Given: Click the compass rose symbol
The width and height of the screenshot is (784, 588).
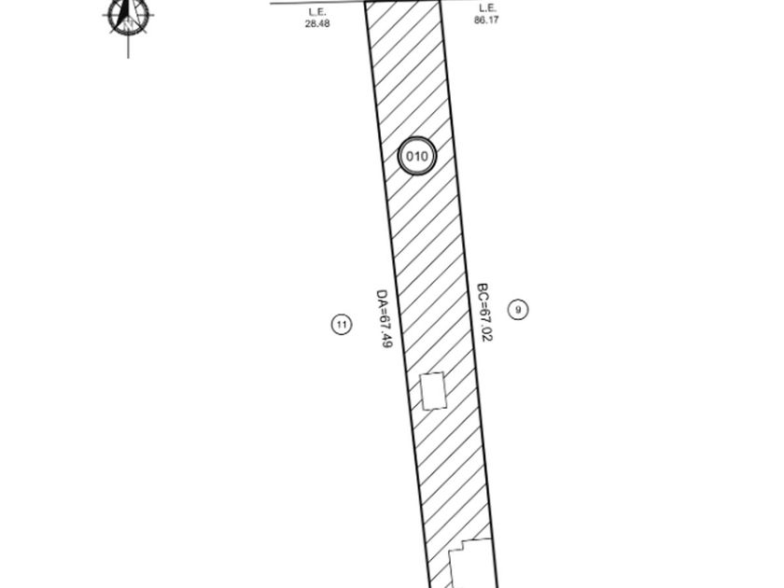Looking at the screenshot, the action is [x=128, y=17].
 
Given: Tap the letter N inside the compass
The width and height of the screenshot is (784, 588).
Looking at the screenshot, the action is [x=129, y=23].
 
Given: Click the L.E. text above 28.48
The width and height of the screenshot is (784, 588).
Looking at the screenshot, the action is [x=317, y=12].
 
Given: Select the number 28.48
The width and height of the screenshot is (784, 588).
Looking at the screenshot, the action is [x=317, y=23].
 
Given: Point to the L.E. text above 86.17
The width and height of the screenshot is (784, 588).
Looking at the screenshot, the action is [x=486, y=8].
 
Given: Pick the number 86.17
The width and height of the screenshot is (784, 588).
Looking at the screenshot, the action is [x=486, y=20].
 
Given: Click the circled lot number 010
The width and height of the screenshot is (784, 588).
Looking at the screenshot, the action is [x=416, y=156].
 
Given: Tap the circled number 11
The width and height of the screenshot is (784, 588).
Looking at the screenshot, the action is [x=342, y=325].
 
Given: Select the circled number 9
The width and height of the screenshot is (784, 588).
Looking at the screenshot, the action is [x=518, y=310].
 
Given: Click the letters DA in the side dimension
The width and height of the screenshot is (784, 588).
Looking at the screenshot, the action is [x=382, y=298].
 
